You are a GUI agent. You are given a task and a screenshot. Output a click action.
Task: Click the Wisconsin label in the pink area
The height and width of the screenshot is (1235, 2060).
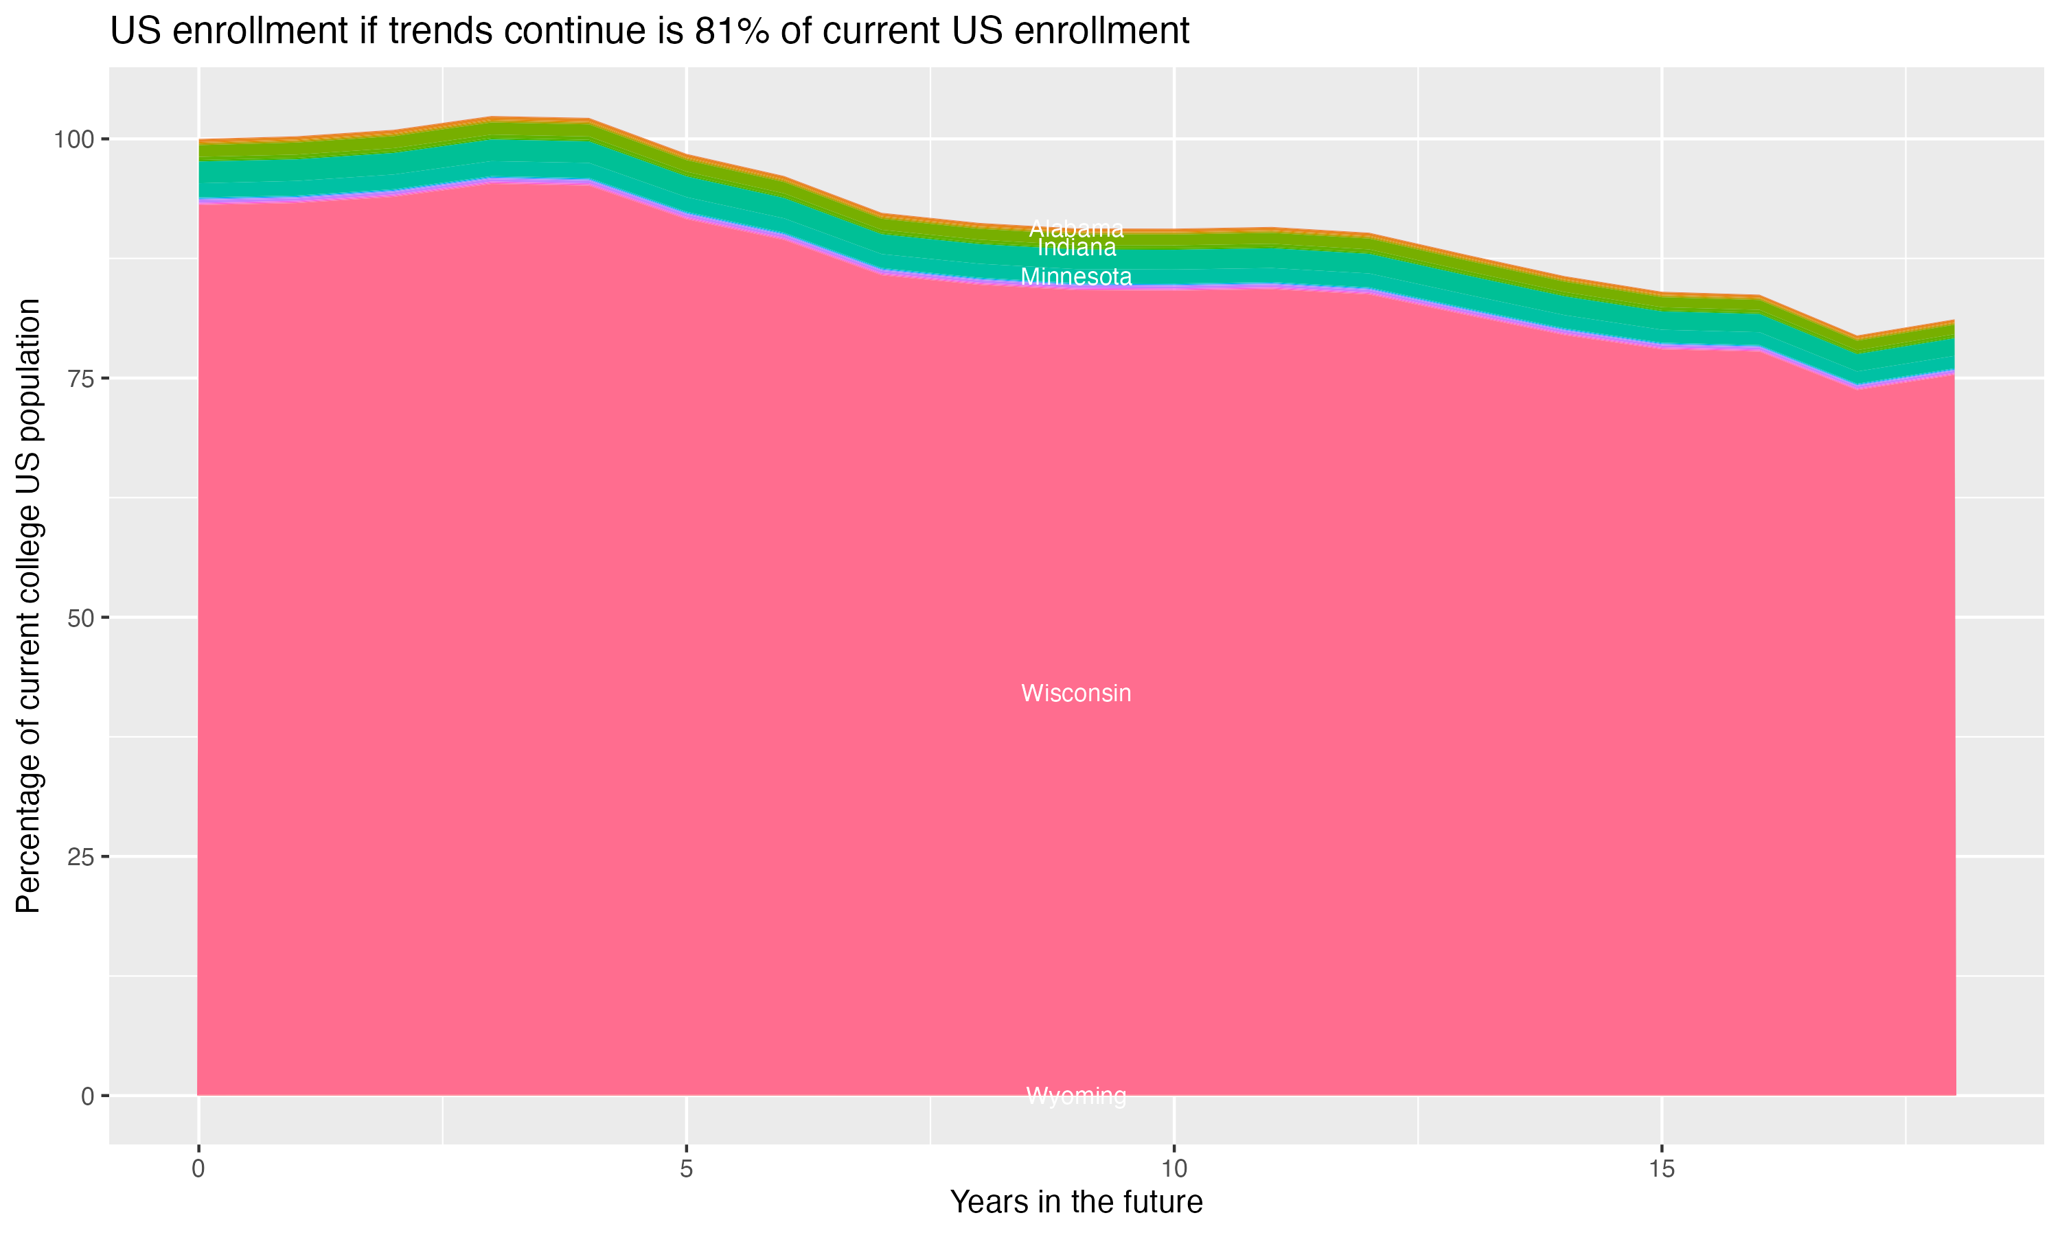(x=1076, y=693)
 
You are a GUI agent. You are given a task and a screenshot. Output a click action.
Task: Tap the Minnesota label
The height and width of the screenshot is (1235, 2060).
(x=1076, y=277)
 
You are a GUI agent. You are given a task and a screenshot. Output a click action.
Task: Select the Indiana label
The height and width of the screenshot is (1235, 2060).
(x=1076, y=248)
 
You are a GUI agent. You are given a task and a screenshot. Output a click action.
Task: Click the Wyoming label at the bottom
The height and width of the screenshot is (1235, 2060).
(x=1076, y=1096)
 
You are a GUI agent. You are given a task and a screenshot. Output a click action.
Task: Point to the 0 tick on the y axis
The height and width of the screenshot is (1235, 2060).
(x=87, y=1096)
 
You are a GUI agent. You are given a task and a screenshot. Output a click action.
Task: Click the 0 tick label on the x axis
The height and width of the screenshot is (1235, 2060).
(x=198, y=1169)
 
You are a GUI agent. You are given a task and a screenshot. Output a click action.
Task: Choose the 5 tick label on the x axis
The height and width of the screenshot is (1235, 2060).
(x=686, y=1169)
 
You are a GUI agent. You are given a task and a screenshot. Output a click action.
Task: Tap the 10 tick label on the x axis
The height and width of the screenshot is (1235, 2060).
(x=1174, y=1169)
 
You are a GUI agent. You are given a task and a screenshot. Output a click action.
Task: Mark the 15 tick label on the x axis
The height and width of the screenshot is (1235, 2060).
(x=1661, y=1169)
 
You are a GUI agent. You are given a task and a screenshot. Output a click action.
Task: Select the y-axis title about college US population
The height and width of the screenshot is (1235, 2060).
(x=28, y=606)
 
